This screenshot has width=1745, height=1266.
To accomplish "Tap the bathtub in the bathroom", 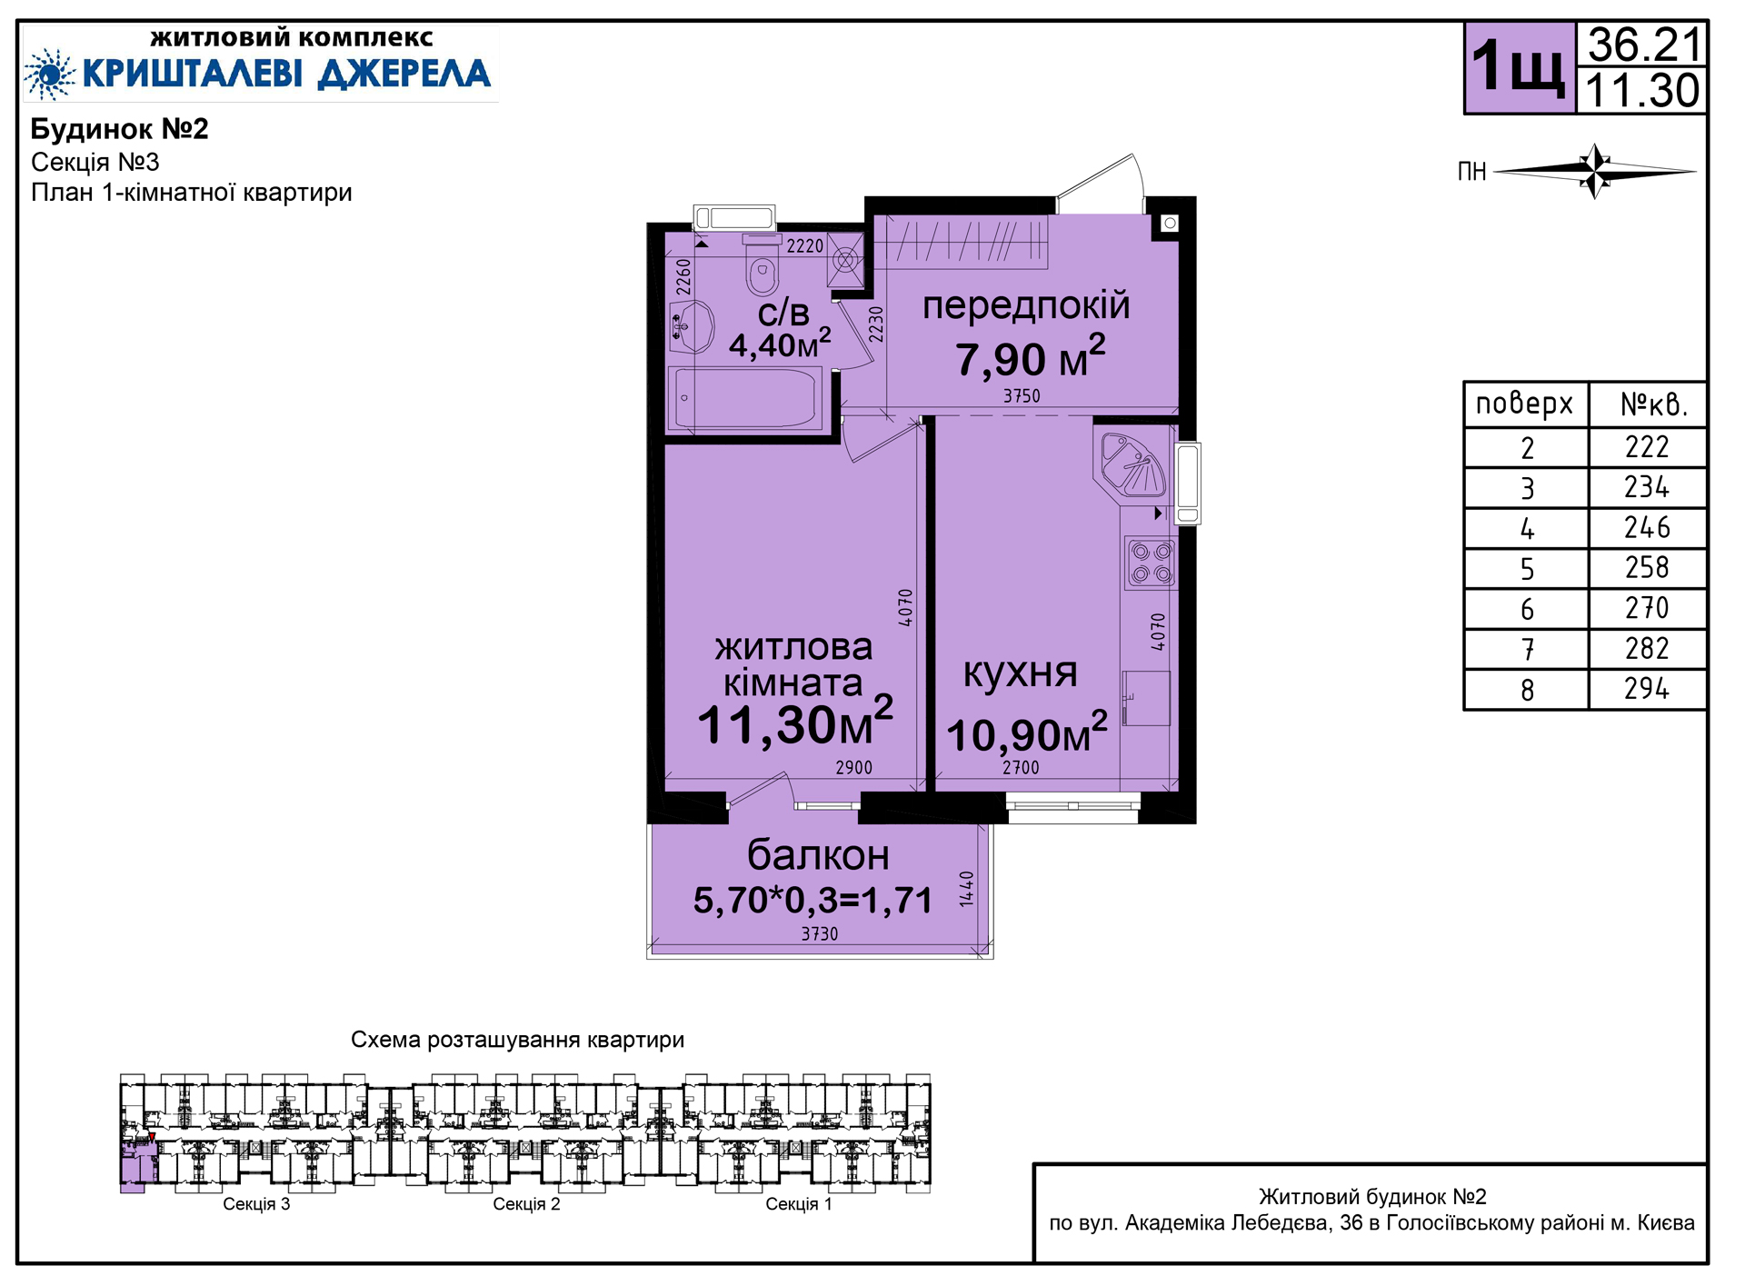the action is pos(745,397).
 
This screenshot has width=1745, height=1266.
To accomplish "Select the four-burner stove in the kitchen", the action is pos(1151,563).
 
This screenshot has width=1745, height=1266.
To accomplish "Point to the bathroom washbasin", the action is pos(693,325).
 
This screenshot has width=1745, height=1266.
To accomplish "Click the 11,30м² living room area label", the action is pos(795,724).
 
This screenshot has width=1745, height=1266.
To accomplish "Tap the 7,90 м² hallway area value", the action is pos(1030,357).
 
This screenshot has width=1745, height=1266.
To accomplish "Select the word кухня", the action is pos(1020,673).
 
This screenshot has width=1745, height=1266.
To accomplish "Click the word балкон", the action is pos(818,855).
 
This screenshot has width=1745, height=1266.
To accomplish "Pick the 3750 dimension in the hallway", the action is pos(1022,396).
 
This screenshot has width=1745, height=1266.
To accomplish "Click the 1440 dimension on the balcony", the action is pos(966,889).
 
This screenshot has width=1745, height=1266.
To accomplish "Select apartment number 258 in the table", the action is pos(1647,568).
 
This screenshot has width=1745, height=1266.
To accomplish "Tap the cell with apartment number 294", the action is pos(1647,689).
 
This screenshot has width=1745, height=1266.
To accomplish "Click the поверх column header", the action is pos(1524,404).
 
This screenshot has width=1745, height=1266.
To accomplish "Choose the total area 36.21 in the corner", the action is pos(1643,44).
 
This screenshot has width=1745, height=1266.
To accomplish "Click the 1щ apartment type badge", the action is pos(1519,68).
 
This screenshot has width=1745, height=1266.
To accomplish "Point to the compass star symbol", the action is pos(1595,170).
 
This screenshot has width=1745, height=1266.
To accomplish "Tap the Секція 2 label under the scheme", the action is pos(526,1204).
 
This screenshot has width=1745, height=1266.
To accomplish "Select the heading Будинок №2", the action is pos(119,129).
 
